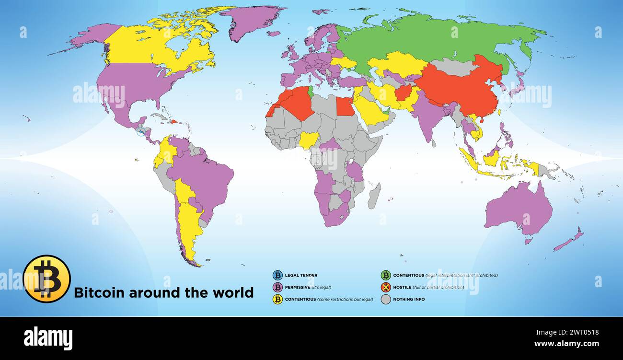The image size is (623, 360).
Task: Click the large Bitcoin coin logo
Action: [46, 279]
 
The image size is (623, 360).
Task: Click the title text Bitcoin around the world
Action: [163, 292]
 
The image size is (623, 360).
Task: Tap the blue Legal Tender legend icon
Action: [277, 275]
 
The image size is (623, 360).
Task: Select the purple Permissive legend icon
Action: [277, 287]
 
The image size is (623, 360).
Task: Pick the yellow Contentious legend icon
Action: [277, 299]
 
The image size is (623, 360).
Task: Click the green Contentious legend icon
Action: [386, 275]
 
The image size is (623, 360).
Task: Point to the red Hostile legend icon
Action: [386, 287]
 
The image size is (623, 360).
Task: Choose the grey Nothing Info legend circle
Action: [386, 299]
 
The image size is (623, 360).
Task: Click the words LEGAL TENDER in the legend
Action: [301, 276]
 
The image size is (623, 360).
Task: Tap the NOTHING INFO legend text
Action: [409, 300]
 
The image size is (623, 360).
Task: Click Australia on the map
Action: [518, 209]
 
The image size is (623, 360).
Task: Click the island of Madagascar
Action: [374, 196]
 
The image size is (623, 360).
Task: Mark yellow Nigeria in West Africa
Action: [309, 140]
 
